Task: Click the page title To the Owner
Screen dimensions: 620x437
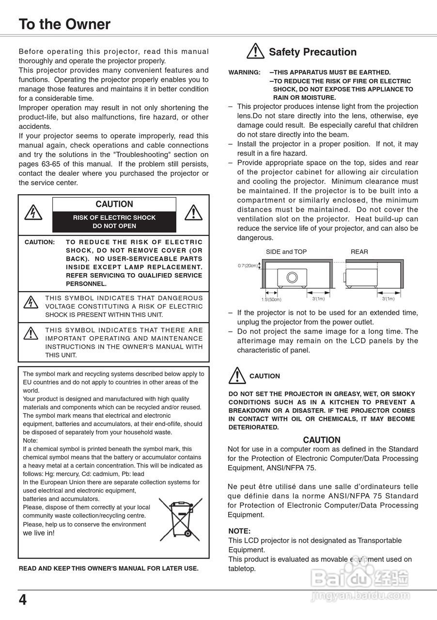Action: [64, 24]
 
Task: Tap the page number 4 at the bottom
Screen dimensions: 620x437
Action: [23, 600]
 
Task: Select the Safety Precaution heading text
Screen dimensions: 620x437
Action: [312, 52]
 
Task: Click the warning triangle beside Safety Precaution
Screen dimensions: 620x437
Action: [255, 51]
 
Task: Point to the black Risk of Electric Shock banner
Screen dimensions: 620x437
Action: [114, 222]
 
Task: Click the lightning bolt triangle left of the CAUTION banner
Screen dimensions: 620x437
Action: [33, 212]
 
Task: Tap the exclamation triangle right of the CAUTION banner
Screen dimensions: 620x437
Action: [194, 212]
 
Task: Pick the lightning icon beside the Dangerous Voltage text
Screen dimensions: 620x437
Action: [31, 302]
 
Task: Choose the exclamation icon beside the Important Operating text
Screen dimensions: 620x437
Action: [31, 333]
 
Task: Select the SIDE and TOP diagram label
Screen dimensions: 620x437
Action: [286, 252]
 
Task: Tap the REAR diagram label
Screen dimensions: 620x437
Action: [359, 252]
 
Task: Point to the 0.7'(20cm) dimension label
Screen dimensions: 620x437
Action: [248, 265]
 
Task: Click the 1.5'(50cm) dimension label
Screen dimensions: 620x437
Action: [271, 299]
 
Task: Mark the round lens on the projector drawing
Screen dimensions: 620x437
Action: [292, 278]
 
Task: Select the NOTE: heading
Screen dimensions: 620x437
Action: [239, 531]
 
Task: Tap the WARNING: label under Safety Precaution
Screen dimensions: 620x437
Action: [244, 73]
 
